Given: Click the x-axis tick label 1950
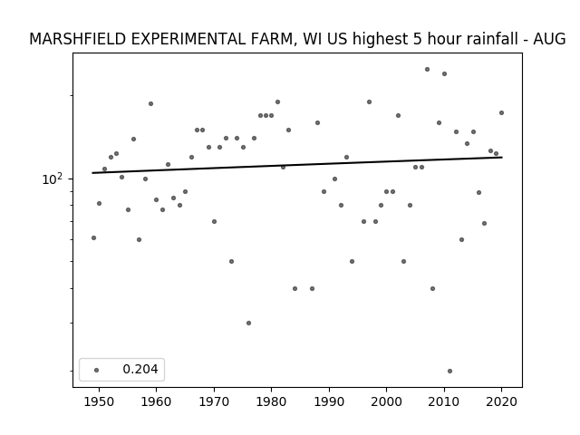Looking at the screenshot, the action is click(x=99, y=401).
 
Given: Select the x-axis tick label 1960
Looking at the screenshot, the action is click(x=156, y=401).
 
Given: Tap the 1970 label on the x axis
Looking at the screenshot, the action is click(x=214, y=401).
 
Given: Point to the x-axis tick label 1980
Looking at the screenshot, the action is click(x=271, y=401).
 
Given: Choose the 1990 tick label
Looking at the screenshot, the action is click(x=329, y=401).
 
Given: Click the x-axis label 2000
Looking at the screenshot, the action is click(x=386, y=401).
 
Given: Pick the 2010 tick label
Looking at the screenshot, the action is click(x=444, y=401).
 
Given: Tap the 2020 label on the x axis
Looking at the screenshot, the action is click(x=501, y=401).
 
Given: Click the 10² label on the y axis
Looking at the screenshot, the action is click(x=53, y=179).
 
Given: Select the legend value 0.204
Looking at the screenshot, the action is click(x=140, y=369).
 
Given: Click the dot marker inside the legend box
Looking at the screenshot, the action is click(x=97, y=370).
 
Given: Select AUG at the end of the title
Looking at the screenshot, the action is click(x=549, y=39).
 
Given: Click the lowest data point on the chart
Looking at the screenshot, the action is click(x=449, y=371).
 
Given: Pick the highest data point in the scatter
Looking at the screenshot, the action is click(x=427, y=69).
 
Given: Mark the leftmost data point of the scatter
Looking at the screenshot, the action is click(x=93, y=237).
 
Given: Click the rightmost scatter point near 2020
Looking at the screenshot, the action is click(x=501, y=112).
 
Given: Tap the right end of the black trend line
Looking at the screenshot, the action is click(x=502, y=157).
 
